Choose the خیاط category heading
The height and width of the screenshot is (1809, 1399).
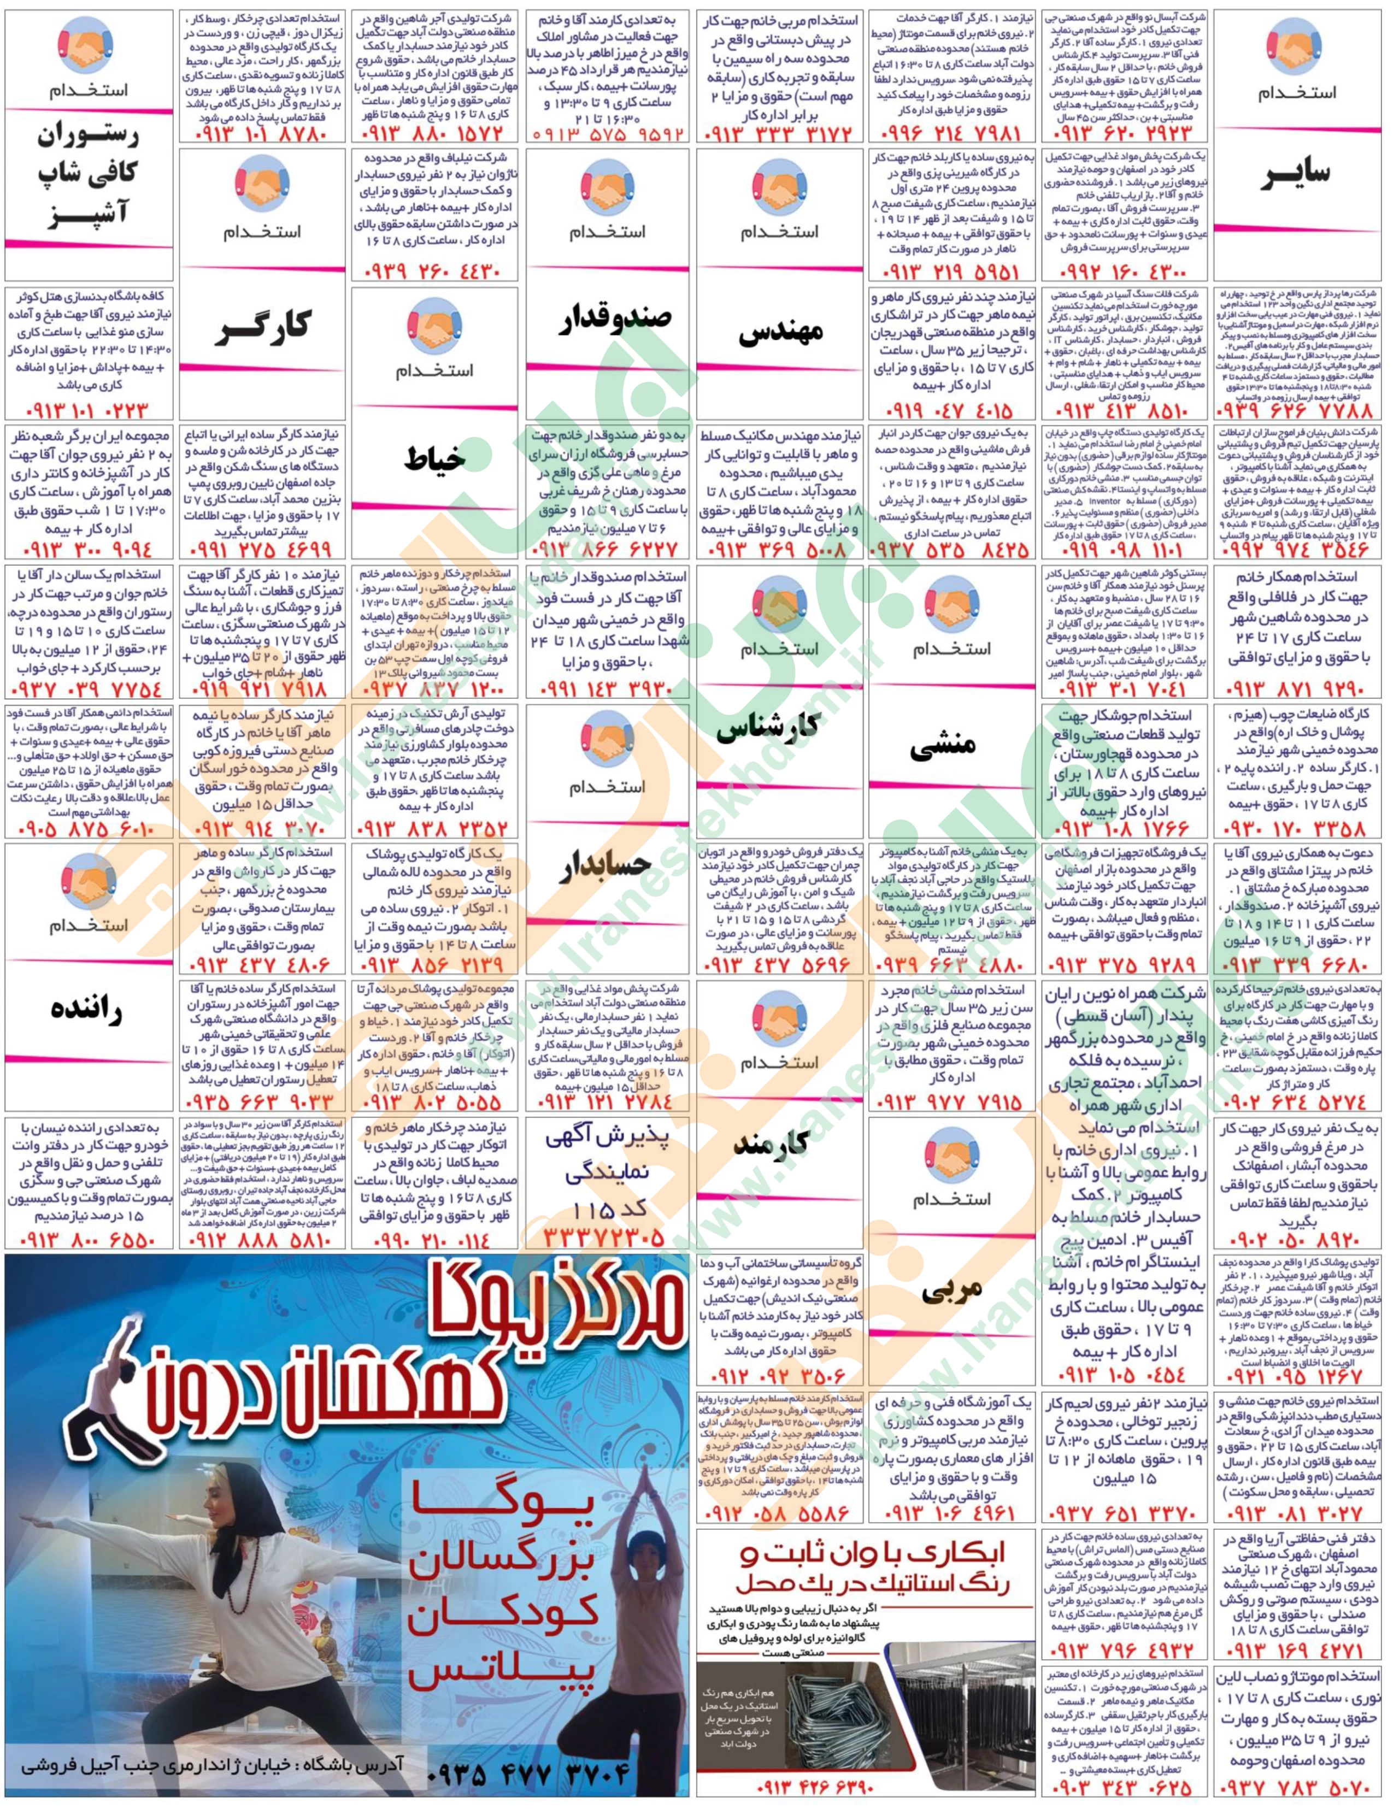pos(435,459)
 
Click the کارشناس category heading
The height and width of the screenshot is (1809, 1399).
pos(779,729)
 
